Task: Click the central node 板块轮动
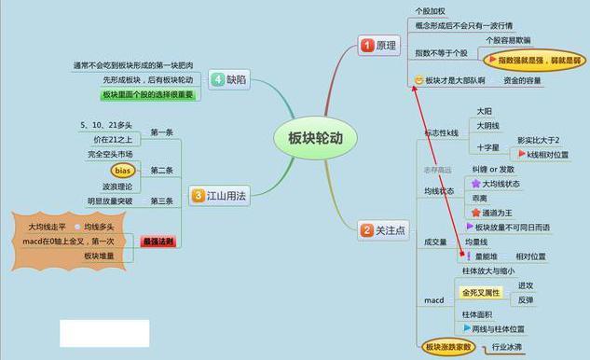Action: pyautogui.click(x=309, y=138)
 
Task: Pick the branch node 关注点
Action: pyautogui.click(x=391, y=229)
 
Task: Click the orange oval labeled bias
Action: pyautogui.click(x=123, y=171)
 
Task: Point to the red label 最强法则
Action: pyautogui.click(x=158, y=242)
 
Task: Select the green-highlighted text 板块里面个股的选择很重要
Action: pyautogui.click(x=147, y=95)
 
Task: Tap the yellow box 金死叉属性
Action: pyautogui.click(x=480, y=292)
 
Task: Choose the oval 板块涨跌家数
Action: pyautogui.click(x=448, y=347)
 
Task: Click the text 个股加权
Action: pyautogui.click(x=431, y=10)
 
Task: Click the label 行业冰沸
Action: pyautogui.click(x=506, y=347)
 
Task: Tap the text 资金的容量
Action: pyautogui.click(x=523, y=80)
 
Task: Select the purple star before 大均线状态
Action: pyautogui.click(x=475, y=184)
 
